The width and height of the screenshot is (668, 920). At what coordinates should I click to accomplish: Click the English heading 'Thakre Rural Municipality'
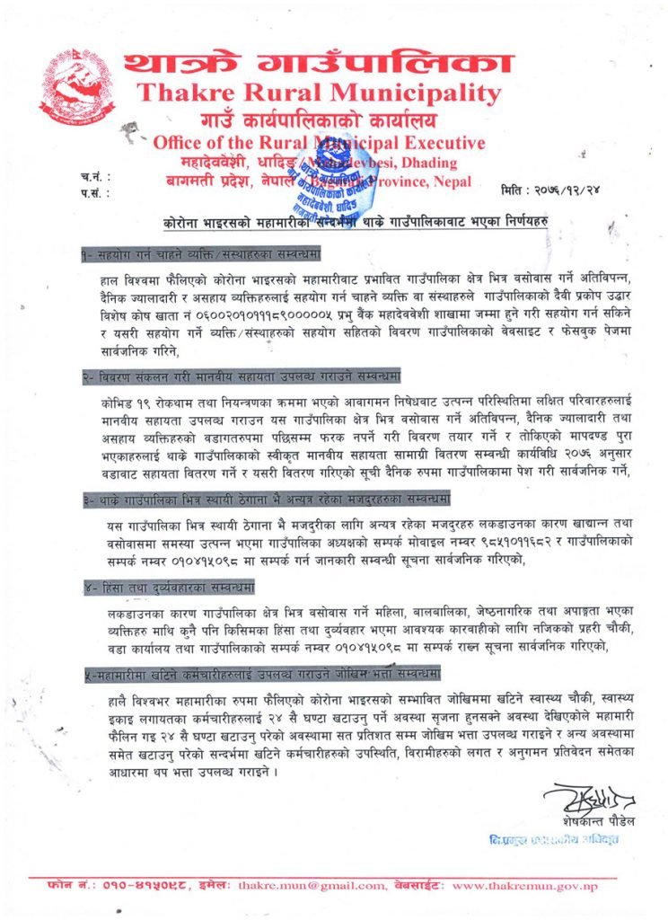tap(319, 93)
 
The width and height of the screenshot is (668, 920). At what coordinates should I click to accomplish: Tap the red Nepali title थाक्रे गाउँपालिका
tap(319, 63)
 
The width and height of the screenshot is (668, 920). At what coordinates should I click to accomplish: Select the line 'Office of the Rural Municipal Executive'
tap(319, 142)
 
